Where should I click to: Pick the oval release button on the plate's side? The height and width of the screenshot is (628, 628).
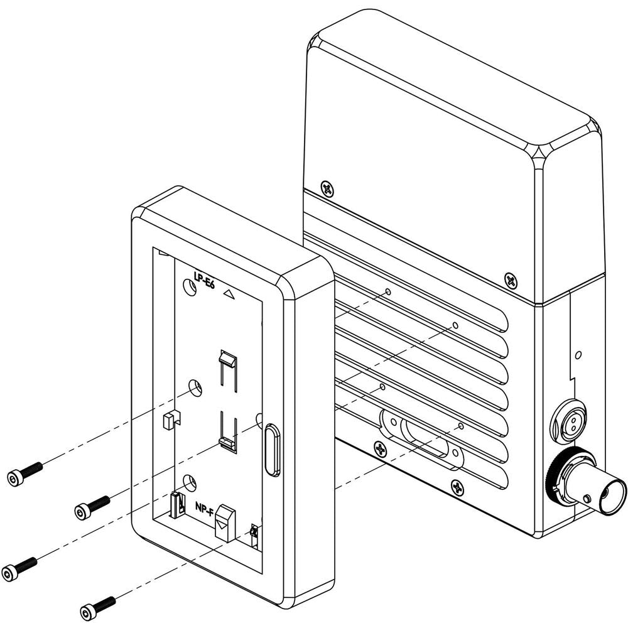(x=272, y=450)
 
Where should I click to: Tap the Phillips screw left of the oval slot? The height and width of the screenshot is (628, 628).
(x=379, y=448)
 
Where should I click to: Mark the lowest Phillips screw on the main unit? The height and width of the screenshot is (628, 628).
(x=458, y=485)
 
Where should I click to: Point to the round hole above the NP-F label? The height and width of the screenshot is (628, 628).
(x=187, y=482)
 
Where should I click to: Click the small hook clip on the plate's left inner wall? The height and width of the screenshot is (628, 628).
(x=168, y=419)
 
